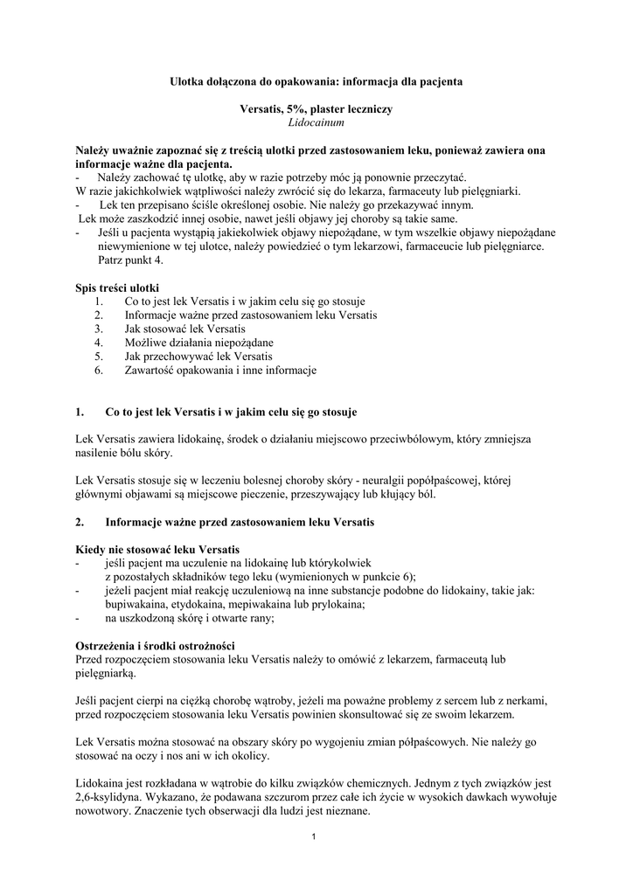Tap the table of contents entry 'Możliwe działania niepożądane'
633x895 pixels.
point(199,343)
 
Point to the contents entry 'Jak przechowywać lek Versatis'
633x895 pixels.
point(198,357)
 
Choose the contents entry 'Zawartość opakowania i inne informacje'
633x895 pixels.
point(220,371)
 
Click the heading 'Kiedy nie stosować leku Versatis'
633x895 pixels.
point(157,549)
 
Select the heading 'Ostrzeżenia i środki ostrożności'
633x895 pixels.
point(154,645)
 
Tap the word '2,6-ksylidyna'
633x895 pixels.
point(105,797)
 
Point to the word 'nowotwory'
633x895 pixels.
point(103,811)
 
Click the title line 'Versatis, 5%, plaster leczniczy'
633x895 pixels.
point(316,109)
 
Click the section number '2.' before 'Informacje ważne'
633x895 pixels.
point(81,523)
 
